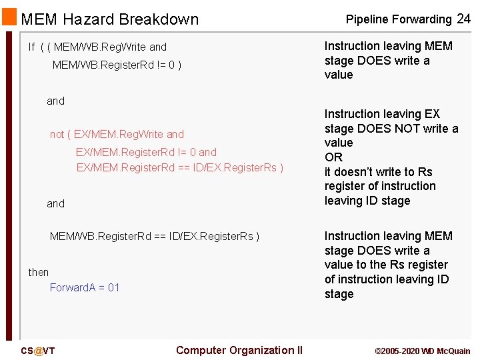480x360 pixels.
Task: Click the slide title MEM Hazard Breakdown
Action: tap(110, 19)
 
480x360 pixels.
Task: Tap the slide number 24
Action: tap(463, 19)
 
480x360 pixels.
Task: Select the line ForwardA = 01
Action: tap(85, 288)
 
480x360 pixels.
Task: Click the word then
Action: tap(39, 272)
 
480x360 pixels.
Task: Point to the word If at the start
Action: tap(31, 47)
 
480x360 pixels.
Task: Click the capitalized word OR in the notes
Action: tap(333, 157)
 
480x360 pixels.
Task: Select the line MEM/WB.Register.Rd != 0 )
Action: tap(117, 65)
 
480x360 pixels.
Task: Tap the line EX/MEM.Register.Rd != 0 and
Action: tap(146, 152)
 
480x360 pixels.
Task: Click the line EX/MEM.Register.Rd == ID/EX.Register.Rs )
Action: tap(180, 168)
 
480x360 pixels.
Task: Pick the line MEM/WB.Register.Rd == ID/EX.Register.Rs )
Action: tap(155, 236)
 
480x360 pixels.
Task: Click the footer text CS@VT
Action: tap(37, 351)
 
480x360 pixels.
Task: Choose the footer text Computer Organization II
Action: tap(239, 351)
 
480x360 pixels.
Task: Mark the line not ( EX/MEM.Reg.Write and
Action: tap(117, 135)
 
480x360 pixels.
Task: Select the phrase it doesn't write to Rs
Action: tap(379, 172)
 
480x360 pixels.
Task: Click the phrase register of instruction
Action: tap(380, 186)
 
